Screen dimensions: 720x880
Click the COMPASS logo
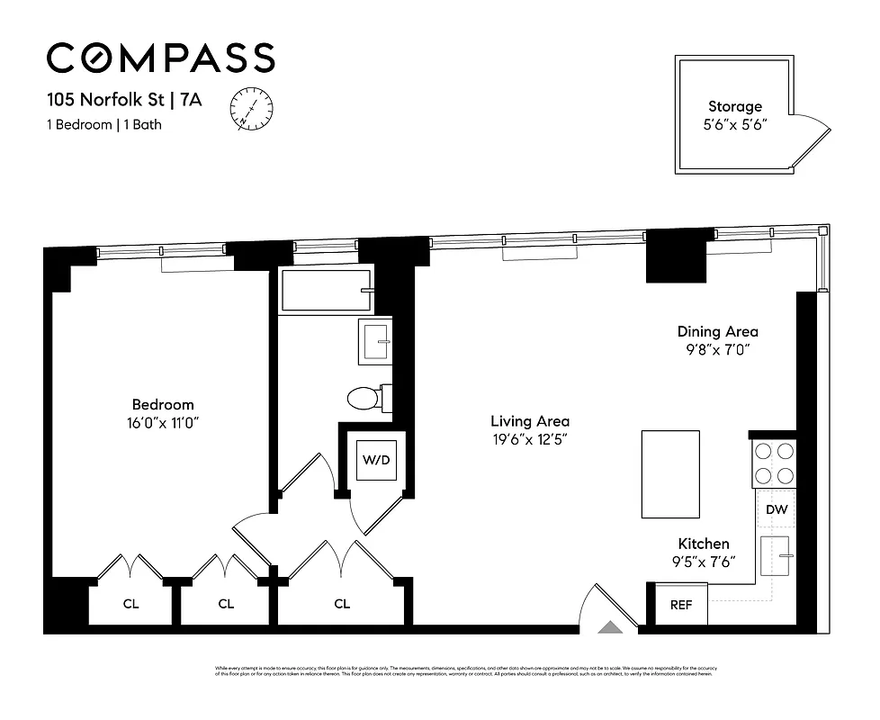click(160, 58)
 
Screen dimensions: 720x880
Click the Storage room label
click(734, 107)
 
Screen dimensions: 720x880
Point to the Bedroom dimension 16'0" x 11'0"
click(163, 422)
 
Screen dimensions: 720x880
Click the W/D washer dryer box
click(376, 460)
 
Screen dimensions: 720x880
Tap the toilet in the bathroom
click(366, 398)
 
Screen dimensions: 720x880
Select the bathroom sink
click(376, 342)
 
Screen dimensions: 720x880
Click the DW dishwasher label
click(777, 510)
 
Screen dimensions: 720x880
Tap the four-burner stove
click(774, 463)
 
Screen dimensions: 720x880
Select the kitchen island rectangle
click(670, 473)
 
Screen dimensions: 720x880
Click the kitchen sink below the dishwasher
click(775, 556)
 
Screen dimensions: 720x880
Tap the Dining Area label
click(717, 331)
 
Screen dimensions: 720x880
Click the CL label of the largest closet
click(342, 604)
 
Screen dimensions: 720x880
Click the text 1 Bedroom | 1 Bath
click(104, 125)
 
